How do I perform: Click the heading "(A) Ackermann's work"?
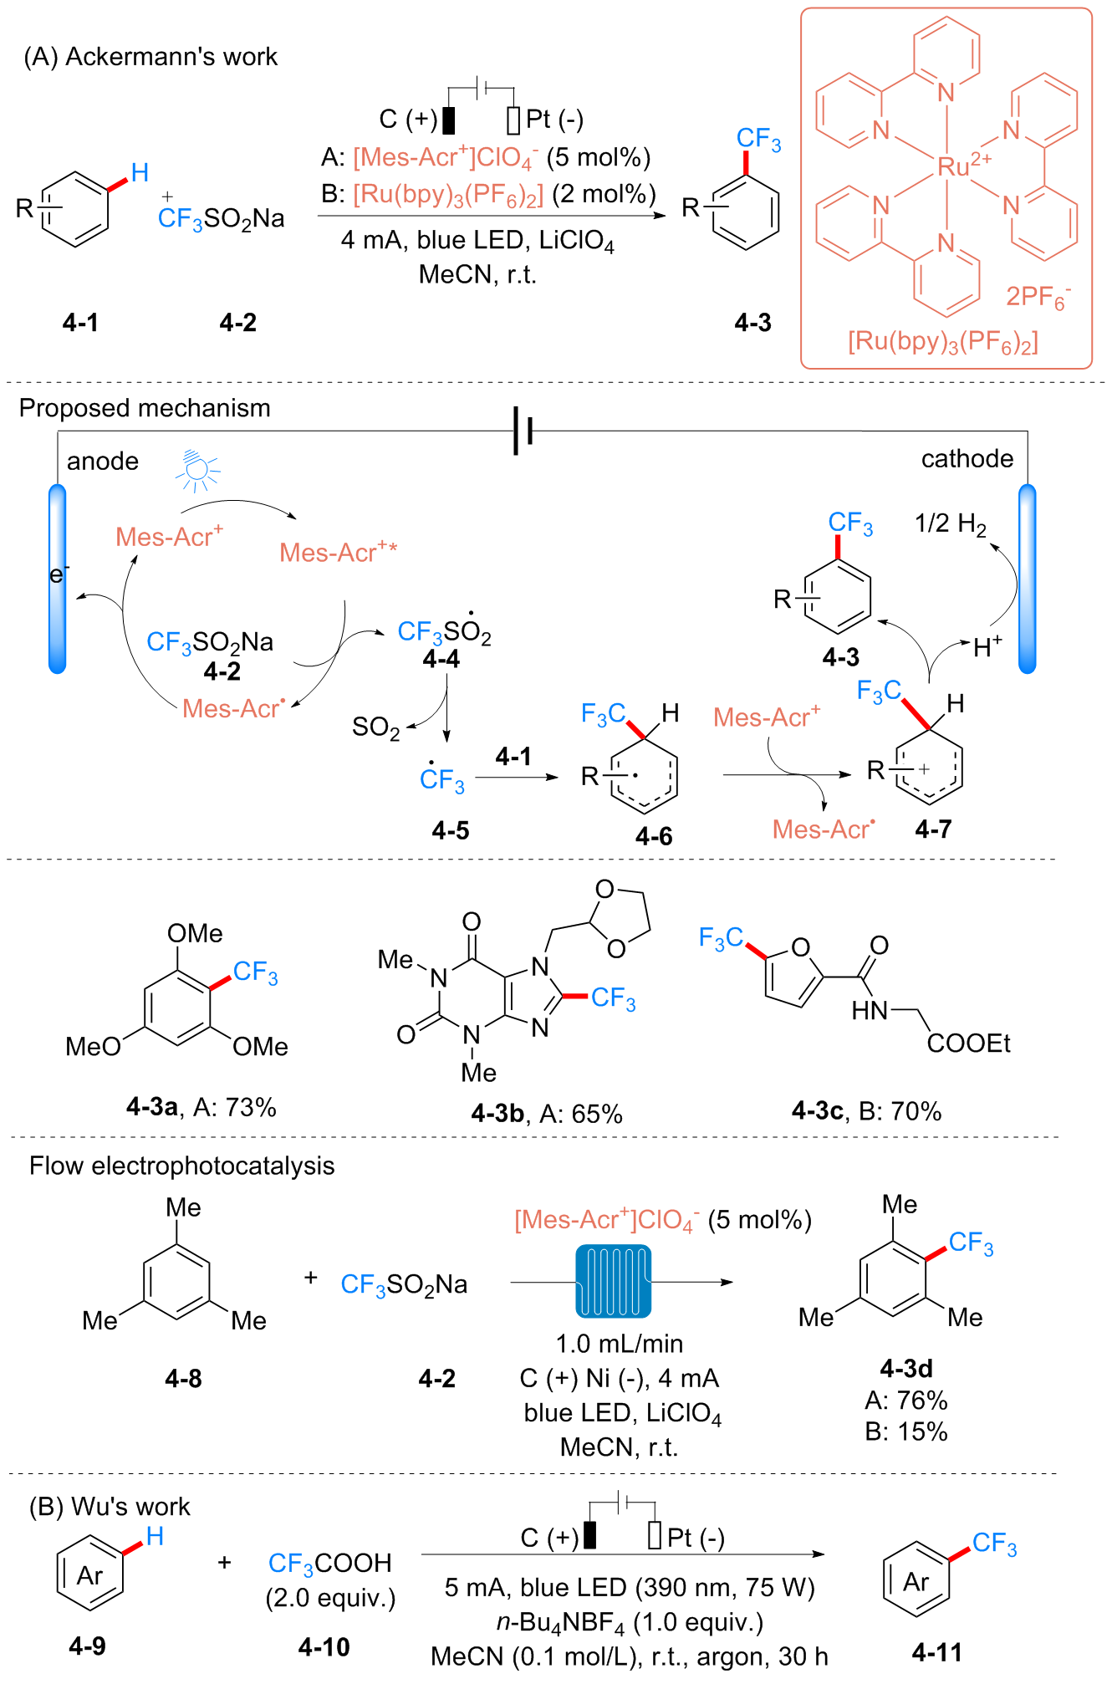150,57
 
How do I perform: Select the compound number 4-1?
80,322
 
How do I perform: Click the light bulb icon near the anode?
197,470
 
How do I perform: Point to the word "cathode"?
967,458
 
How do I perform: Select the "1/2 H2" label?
950,524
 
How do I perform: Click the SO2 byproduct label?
375,727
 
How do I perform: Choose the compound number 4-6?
653,835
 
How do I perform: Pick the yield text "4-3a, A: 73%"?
201,1107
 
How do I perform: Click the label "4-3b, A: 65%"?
547,1114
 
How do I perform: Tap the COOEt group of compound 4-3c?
968,1044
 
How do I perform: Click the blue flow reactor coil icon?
613,1280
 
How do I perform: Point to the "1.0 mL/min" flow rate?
619,1343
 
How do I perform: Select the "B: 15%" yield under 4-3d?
906,1431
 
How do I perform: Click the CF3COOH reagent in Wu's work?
329,1563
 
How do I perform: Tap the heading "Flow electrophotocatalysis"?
181,1166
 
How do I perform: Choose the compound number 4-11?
936,1652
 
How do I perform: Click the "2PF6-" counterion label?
1038,297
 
